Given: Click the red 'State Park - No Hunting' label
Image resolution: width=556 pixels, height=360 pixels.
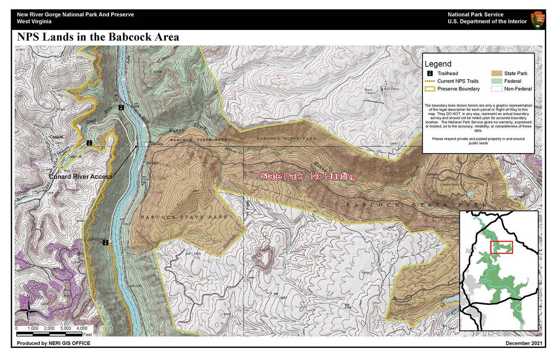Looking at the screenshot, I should coord(308,176).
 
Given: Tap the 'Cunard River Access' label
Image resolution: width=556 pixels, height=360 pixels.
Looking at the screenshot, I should coord(80,176).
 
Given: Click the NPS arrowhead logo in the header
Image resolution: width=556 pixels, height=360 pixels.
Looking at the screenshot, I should coord(538,20).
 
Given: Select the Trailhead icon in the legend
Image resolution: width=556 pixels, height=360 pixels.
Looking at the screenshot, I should coord(429,74).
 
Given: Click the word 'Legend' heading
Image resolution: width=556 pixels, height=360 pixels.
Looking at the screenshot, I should coord(438,64).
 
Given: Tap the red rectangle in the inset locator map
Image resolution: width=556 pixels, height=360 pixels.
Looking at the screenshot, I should coord(501,247).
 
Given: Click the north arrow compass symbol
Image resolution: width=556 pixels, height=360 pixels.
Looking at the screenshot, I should coord(28,308).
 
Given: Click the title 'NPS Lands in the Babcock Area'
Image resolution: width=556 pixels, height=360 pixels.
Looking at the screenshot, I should coord(98,37).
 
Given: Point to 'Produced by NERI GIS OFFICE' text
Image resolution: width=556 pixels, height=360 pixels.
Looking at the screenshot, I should coord(53,343).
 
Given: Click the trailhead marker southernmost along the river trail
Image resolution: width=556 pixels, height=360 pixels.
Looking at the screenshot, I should coord(106,242).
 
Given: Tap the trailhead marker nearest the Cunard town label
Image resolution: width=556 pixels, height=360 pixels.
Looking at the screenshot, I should coord(89,143).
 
